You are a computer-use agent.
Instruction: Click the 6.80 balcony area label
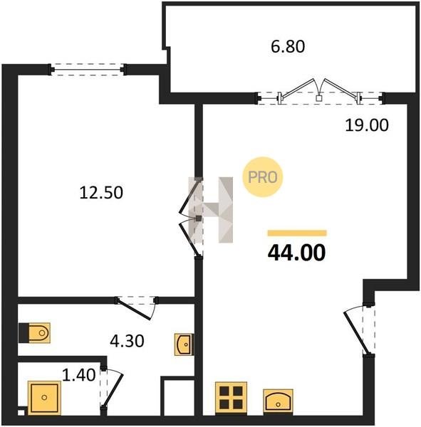pyautogui.click(x=288, y=46)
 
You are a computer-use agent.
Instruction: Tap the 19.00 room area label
pyautogui.click(x=367, y=125)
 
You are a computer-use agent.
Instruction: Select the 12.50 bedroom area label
pyautogui.click(x=101, y=193)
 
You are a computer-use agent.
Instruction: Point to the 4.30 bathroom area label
pyautogui.click(x=127, y=341)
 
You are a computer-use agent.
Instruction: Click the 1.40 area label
pyautogui.click(x=79, y=375)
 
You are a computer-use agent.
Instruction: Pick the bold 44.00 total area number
pyautogui.click(x=296, y=253)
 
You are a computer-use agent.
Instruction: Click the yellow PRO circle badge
pyautogui.click(x=263, y=177)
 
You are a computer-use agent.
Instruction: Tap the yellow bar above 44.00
pyautogui.click(x=297, y=233)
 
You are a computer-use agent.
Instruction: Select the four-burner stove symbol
pyautogui.click(x=232, y=398)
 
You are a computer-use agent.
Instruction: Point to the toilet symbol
pyautogui.click(x=35, y=333)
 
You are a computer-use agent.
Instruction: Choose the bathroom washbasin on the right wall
pyautogui.click(x=184, y=344)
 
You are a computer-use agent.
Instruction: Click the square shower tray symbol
pyautogui.click(x=44, y=398)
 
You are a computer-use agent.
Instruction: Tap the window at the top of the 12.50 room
pyautogui.click(x=88, y=70)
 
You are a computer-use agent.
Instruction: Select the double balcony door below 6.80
pyautogui.click(x=320, y=93)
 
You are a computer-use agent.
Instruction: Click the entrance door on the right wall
pyautogui.click(x=360, y=330)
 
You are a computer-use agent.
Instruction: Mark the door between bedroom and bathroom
pyautogui.click(x=136, y=307)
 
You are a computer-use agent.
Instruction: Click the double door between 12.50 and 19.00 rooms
pyautogui.click(x=191, y=217)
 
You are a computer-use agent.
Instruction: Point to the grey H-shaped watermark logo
pyautogui.click(x=211, y=210)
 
